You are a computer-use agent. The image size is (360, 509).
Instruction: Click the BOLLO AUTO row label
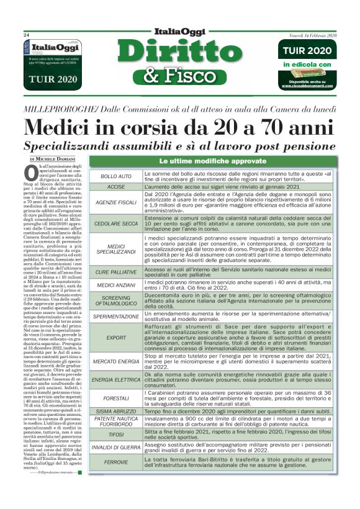pos(116,176)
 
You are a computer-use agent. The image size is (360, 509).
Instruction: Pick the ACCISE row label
pos(116,186)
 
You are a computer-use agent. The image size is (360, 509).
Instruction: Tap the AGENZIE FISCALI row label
pos(116,202)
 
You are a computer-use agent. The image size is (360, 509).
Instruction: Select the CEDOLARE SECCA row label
pos(116,223)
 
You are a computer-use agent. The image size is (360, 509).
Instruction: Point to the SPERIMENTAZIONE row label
pos(116,316)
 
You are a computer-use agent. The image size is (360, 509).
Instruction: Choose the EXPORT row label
pos(116,338)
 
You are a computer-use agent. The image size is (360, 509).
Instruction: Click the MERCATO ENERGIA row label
pos(116,361)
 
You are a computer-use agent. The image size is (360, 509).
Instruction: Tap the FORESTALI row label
pos(116,399)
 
